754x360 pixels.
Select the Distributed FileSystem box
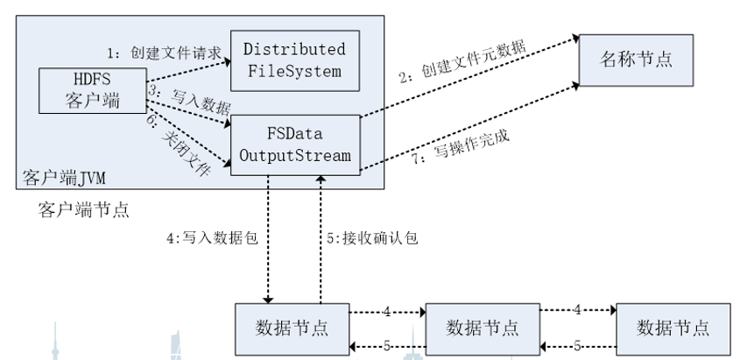pyautogui.click(x=293, y=60)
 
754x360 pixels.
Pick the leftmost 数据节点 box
pyautogui.click(x=292, y=328)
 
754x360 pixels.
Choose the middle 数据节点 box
pyautogui.click(x=483, y=328)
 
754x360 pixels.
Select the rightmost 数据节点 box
pyautogui.click(x=673, y=328)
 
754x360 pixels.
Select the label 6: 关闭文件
pyautogui.click(x=181, y=152)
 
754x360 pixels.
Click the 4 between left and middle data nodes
pyautogui.click(x=386, y=310)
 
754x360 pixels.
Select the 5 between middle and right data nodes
pyautogui.click(x=577, y=345)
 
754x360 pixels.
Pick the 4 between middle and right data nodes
pyautogui.click(x=577, y=310)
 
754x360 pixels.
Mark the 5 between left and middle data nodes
pyautogui.click(x=386, y=345)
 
